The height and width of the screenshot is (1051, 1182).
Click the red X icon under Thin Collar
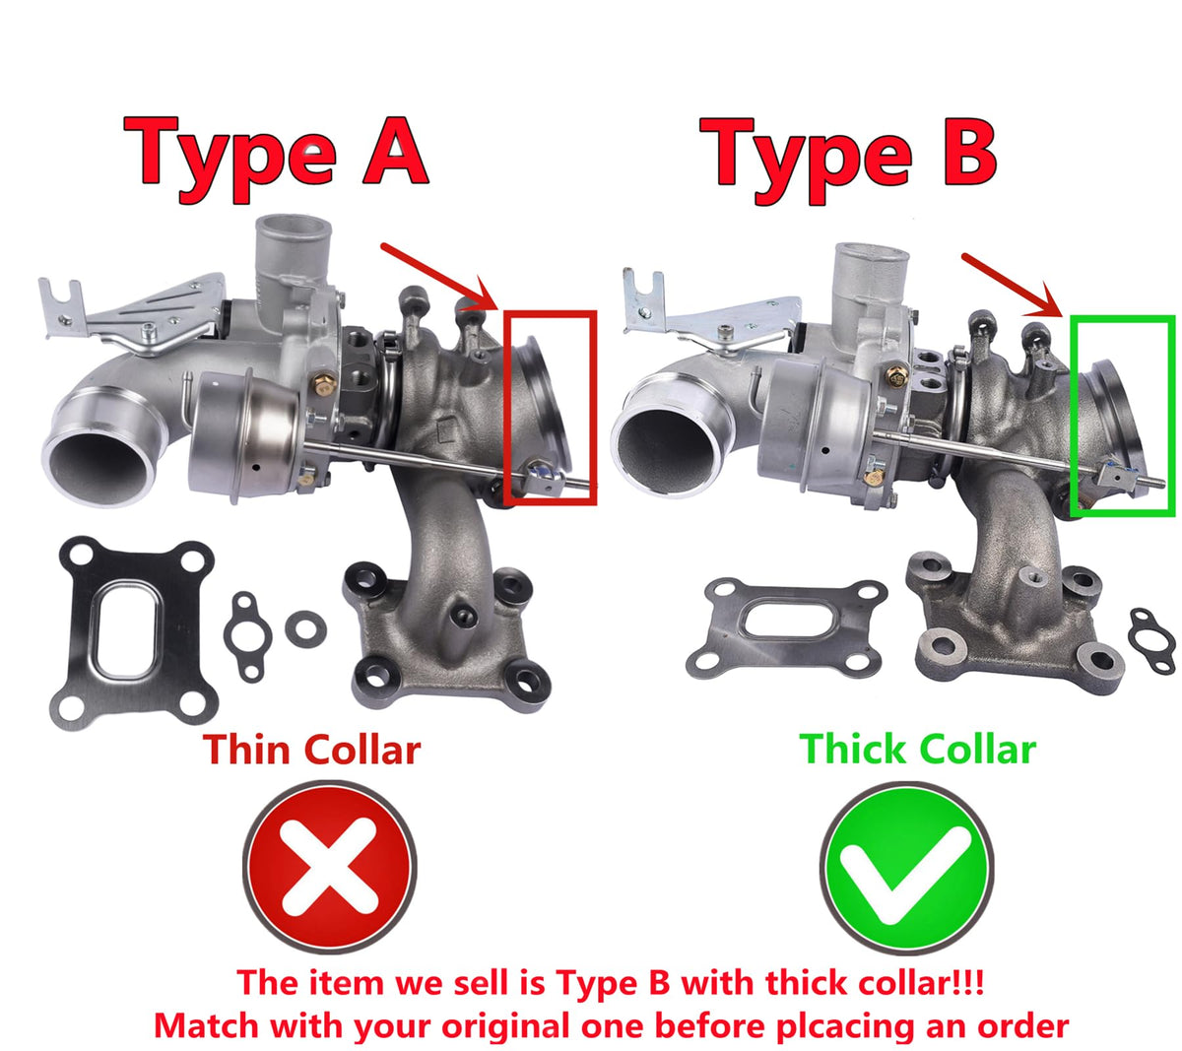click(x=330, y=868)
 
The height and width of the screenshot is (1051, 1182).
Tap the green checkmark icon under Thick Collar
click(x=906, y=868)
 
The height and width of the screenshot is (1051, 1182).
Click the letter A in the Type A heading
click(x=395, y=151)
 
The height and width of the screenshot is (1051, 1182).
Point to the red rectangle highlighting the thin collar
click(x=506, y=409)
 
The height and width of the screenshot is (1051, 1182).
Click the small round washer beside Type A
click(x=305, y=629)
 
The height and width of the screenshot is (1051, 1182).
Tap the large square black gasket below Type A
click(x=134, y=633)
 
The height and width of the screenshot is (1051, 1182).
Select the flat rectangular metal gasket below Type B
click(x=787, y=629)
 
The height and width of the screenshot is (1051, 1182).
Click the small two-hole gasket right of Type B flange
click(x=1151, y=641)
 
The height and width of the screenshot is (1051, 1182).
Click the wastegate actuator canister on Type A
click(x=245, y=433)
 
